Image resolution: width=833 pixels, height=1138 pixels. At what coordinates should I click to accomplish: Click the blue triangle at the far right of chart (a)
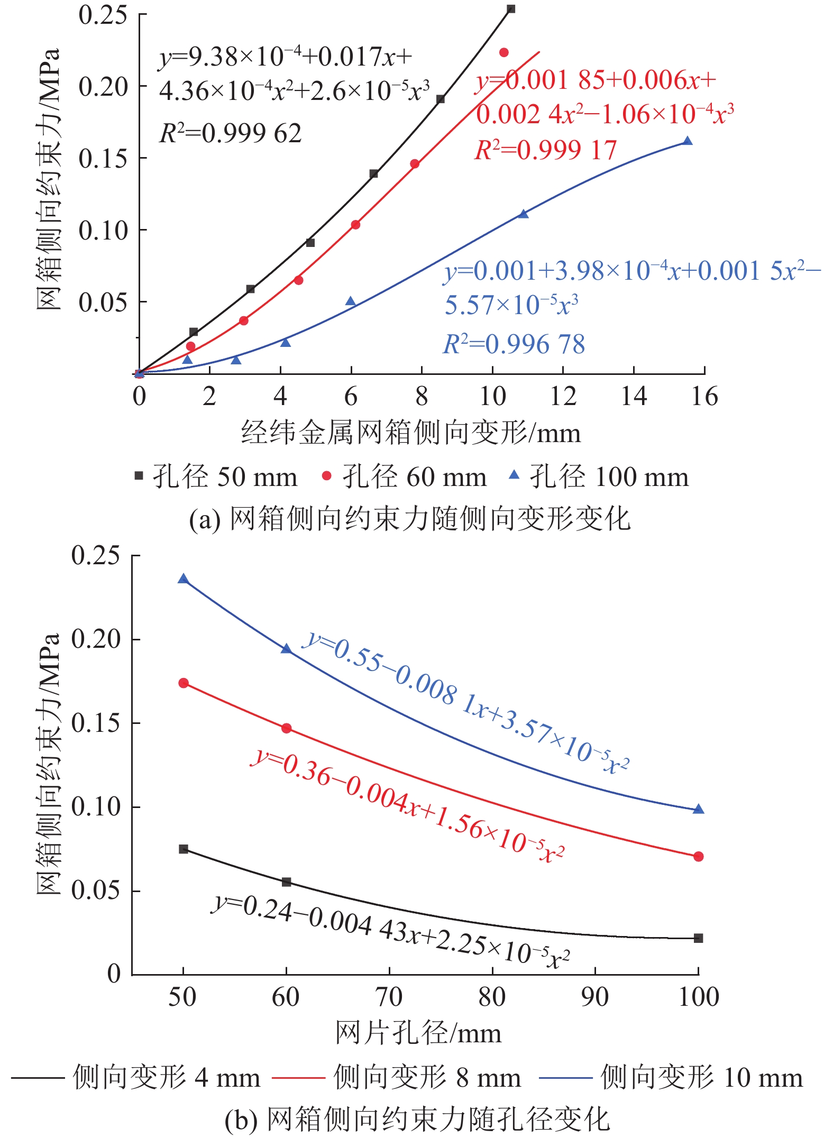tap(688, 141)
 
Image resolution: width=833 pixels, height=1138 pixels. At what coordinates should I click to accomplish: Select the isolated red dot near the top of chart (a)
tap(504, 52)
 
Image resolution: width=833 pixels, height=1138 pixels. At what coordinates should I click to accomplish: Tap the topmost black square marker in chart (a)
tap(511, 9)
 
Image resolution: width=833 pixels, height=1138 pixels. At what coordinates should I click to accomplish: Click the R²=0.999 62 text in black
tap(231, 133)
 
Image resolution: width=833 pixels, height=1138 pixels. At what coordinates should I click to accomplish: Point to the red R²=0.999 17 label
tap(546, 150)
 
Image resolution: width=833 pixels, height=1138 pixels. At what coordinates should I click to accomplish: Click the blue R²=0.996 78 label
tap(514, 344)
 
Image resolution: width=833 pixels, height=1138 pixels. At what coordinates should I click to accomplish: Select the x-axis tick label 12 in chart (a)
tap(563, 396)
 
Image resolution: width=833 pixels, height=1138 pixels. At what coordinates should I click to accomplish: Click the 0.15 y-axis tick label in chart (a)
tap(103, 158)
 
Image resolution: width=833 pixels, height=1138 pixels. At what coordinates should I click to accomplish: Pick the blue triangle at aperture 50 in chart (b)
tap(184, 579)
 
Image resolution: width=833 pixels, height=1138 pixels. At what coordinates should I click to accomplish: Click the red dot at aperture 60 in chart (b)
tap(287, 728)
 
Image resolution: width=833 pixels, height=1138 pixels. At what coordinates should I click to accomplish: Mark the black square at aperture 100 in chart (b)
tap(698, 938)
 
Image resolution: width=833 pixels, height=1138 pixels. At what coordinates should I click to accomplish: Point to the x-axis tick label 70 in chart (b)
tap(389, 997)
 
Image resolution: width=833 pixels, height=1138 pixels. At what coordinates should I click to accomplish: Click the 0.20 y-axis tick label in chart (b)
tap(96, 639)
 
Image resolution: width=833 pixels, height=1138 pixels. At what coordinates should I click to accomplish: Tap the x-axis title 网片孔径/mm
tap(418, 1033)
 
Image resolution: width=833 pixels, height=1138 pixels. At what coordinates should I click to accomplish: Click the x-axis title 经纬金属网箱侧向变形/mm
tap(410, 433)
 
